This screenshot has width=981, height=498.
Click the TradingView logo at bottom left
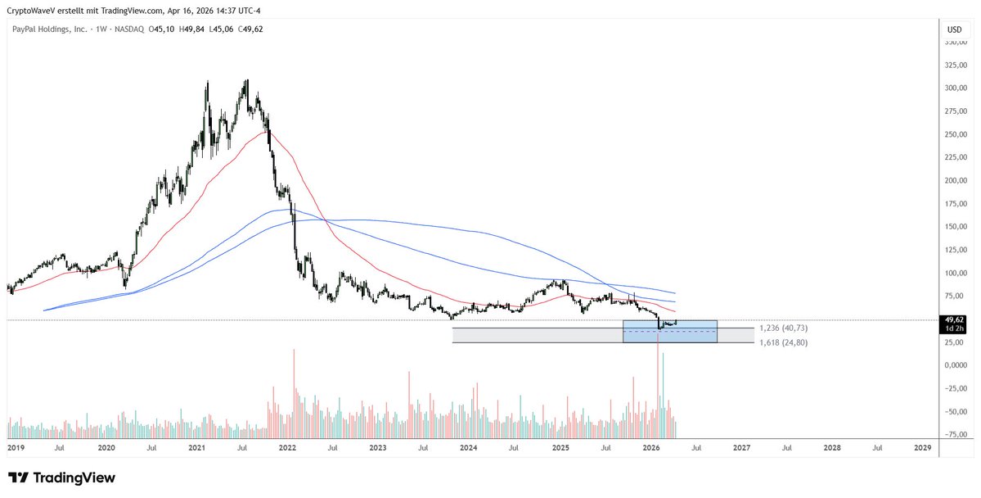click(61, 478)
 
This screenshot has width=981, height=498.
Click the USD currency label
click(954, 29)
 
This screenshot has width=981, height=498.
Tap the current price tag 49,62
click(954, 319)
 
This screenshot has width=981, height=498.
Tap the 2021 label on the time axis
click(197, 448)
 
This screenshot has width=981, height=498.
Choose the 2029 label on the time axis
click(922, 448)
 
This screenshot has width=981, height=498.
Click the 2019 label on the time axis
click(16, 448)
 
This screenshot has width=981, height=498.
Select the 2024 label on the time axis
click(469, 448)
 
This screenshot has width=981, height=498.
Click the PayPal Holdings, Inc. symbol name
click(50, 29)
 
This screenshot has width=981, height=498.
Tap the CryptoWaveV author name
click(36, 9)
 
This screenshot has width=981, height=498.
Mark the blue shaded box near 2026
click(670, 332)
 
